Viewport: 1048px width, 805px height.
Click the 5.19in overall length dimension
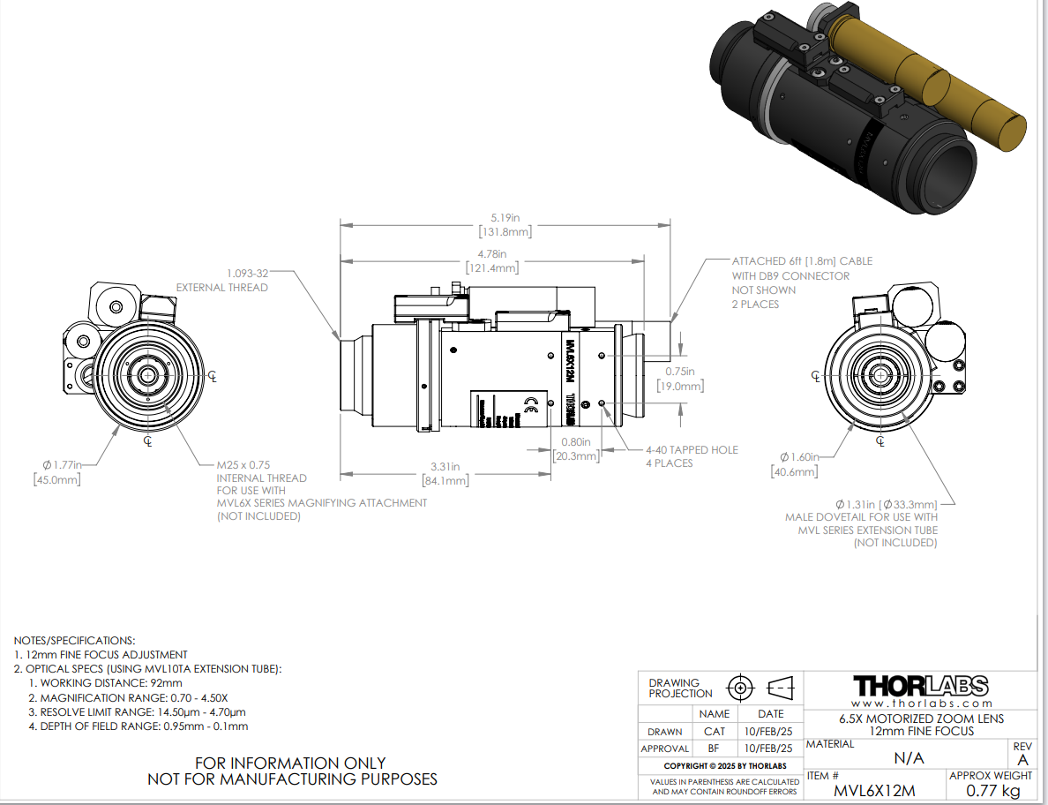505,217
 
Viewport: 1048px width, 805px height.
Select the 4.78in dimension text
493,254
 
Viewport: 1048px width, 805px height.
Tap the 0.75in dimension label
679,372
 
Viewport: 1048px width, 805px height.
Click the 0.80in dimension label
576,441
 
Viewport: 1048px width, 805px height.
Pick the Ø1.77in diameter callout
62,464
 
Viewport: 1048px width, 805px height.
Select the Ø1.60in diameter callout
799,456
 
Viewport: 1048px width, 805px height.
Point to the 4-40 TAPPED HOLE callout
691,449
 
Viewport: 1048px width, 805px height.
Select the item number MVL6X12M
873,790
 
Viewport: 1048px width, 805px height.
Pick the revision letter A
1022,760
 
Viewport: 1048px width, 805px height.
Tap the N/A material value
909,758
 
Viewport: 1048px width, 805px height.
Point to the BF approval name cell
714,749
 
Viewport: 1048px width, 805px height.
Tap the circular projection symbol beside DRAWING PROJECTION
740,688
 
